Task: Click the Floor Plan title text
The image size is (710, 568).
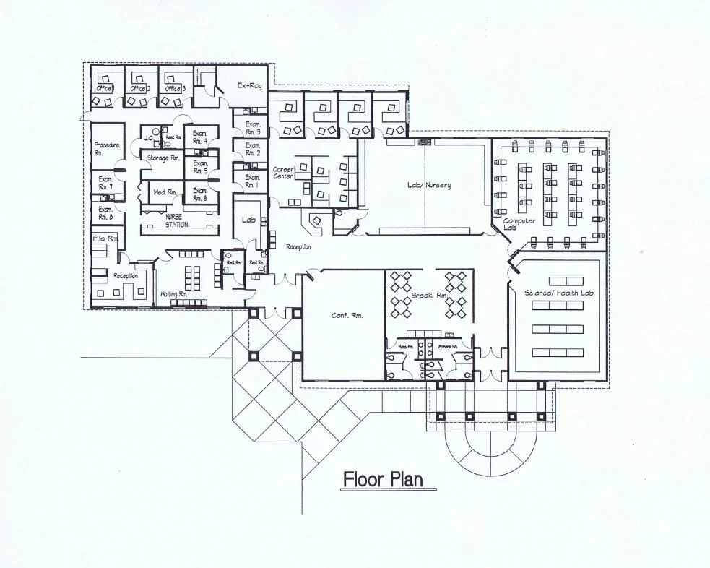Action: pos(382,479)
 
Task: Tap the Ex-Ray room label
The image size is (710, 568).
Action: pos(250,87)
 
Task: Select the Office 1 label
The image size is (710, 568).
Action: pos(105,88)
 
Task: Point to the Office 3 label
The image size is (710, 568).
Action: pos(175,88)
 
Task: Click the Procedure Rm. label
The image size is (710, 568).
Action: pos(106,149)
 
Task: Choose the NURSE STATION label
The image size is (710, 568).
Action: pos(176,220)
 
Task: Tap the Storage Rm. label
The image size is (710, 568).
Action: pos(163,157)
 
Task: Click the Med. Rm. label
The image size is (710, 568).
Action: pos(163,192)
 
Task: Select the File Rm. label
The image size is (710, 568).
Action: pos(105,238)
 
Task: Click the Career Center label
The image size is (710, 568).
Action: pos(283,173)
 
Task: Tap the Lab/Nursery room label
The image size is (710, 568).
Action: pos(428,186)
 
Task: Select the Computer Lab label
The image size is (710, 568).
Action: pos(519,225)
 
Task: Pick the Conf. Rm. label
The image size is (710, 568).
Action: pos(343,315)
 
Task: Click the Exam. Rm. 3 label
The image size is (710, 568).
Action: pos(253,128)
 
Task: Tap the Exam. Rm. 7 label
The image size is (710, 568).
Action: pos(106,184)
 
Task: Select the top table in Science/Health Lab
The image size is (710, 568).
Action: pos(566,280)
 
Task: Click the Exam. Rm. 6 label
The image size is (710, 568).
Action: pos(200,194)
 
